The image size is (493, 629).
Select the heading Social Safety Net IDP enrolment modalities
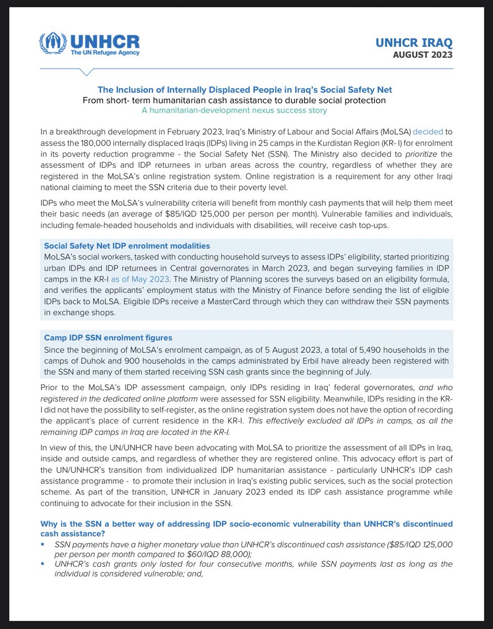[127, 245]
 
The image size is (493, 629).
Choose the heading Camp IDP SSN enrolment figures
[108, 338]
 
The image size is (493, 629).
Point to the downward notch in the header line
[89, 72]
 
